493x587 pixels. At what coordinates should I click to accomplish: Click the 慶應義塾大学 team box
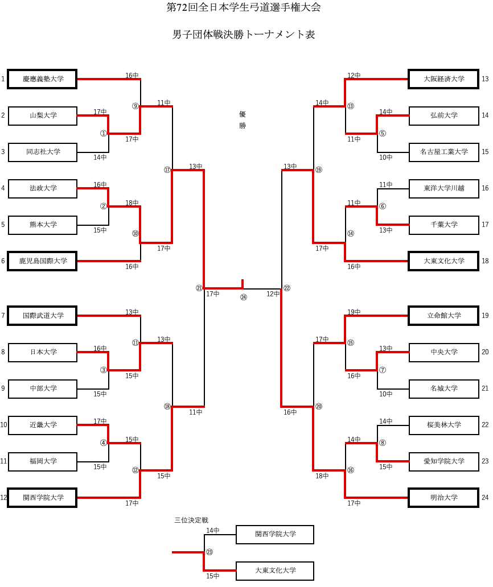coord(43,79)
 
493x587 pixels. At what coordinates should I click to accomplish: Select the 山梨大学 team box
coord(43,115)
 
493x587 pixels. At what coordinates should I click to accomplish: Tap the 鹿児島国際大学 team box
coord(43,261)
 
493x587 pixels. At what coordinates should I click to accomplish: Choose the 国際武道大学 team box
coord(43,316)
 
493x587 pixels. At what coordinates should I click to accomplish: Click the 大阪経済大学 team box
coord(443,79)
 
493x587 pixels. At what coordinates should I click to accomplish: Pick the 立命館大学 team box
coord(443,316)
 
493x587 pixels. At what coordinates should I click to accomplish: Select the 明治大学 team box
coord(443,498)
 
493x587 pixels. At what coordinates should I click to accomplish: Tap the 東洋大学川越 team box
coord(443,188)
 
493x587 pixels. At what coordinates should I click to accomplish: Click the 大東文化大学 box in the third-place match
coord(275,571)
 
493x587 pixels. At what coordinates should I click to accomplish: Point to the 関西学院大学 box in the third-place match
coord(275,534)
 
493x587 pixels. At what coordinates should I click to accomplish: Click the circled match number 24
coord(244,297)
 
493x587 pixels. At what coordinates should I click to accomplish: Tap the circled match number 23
coord(209,552)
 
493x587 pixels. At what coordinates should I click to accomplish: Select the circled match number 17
coord(167,170)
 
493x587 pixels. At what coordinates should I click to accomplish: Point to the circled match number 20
coord(319,407)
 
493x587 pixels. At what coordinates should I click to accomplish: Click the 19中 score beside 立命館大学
coord(354,312)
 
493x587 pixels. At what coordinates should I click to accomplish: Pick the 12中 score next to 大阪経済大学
coord(354,76)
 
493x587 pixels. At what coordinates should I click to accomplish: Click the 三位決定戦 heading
coord(191,520)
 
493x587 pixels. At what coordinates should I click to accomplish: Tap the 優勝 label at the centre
coord(243,120)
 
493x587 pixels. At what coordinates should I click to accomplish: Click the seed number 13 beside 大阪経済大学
coord(485,79)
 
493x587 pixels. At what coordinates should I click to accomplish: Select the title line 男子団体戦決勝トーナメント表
coord(244,35)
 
